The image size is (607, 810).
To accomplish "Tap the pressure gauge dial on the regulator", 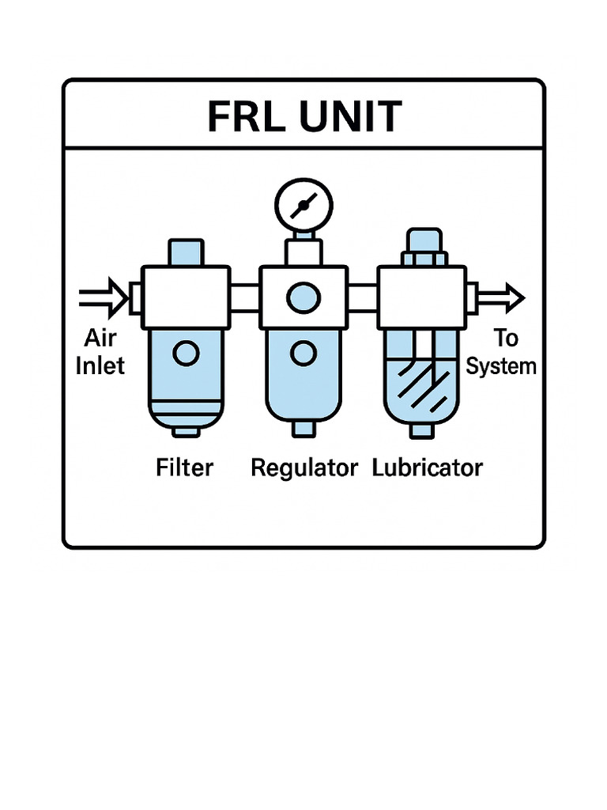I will [303, 206].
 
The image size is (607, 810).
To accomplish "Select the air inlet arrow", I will [104, 298].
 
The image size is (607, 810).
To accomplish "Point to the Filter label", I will [184, 467].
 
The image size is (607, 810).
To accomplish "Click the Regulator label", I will [303, 467].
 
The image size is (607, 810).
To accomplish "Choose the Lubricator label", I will [427, 467].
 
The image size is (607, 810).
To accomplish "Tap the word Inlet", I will [100, 367].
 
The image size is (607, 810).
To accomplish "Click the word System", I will [501, 367].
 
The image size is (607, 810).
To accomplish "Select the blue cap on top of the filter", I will [187, 252].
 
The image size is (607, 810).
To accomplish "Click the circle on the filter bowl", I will [186, 354].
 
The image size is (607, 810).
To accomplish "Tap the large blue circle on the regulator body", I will [303, 298].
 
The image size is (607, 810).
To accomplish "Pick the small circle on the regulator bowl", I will [303, 353].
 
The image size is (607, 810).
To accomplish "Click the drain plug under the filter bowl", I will [187, 430].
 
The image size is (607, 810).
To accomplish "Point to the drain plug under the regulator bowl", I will [303, 429].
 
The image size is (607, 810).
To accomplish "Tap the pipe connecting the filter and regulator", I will [245, 298].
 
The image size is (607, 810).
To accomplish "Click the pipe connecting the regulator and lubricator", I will [362, 298].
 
